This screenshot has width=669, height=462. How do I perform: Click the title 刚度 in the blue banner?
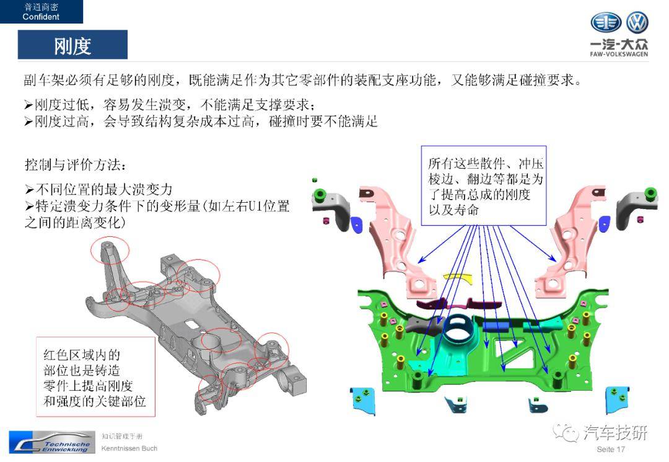[x=72, y=45]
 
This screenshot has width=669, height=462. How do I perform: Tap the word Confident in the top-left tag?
[x=41, y=17]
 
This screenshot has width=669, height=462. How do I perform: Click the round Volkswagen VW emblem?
[x=637, y=23]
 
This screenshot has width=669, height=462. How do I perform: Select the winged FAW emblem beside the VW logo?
[x=605, y=23]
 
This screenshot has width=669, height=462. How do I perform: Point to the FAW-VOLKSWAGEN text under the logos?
[x=619, y=55]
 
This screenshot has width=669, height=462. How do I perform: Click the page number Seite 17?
[x=611, y=449]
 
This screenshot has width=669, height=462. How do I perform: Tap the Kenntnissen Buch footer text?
[x=129, y=448]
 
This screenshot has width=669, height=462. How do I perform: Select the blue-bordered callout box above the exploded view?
[x=483, y=185]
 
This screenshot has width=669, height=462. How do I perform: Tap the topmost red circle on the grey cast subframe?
[x=110, y=251]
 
